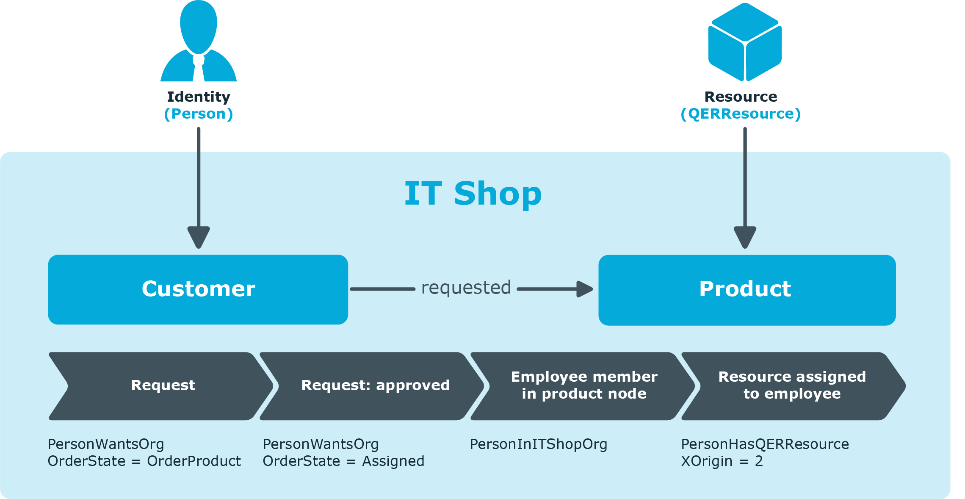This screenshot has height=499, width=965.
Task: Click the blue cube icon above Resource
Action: click(x=745, y=42)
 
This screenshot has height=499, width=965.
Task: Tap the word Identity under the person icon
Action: click(x=199, y=97)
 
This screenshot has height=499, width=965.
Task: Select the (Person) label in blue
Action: click(x=199, y=114)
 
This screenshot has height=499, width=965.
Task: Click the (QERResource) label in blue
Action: click(x=741, y=114)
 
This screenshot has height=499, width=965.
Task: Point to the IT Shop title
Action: click(x=473, y=194)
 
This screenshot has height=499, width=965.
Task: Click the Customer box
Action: click(x=198, y=290)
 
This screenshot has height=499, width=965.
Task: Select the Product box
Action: click(x=747, y=290)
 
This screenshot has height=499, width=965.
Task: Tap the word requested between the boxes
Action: click(x=466, y=288)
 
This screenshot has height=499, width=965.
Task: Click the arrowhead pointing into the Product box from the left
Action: click(x=585, y=289)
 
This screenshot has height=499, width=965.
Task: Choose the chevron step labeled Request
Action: click(x=161, y=386)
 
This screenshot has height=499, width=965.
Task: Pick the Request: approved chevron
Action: click(x=372, y=386)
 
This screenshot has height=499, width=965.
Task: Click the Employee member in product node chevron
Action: click(x=583, y=386)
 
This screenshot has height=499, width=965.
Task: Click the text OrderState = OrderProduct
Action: click(x=144, y=461)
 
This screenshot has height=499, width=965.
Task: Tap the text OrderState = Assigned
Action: click(x=343, y=461)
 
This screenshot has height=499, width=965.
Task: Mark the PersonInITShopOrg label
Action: click(x=539, y=445)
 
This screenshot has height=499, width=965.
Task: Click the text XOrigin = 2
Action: click(x=722, y=461)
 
